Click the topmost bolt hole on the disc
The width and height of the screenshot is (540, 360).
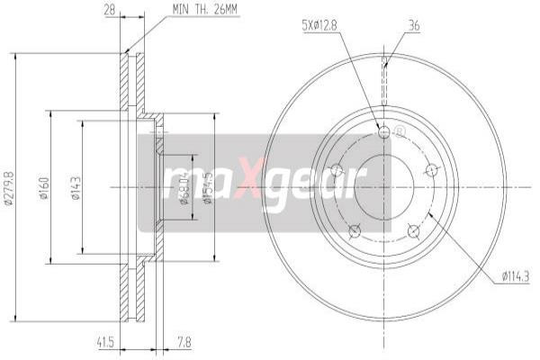click(x=385, y=132)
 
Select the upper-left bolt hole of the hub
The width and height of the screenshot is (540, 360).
click(x=337, y=168)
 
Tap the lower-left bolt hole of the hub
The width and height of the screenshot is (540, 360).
click(x=355, y=230)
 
